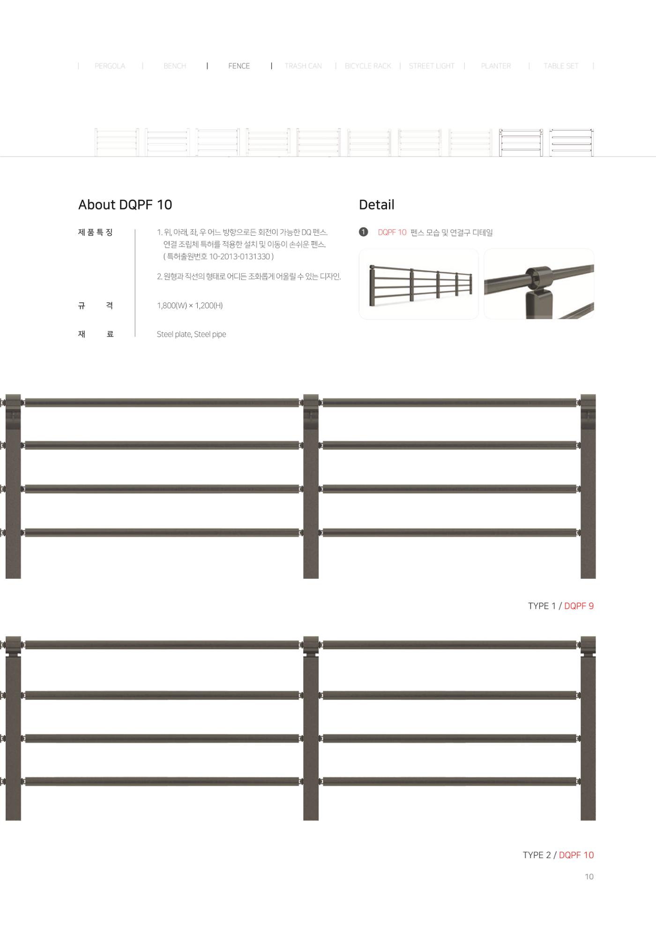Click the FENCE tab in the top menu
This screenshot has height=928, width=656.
pos(239,66)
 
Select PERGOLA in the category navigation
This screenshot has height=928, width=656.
pos(110,66)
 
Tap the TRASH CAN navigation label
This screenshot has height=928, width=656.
pos(303,66)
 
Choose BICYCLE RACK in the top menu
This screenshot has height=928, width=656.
pos(368,66)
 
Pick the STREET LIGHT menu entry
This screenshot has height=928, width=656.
pos(432,66)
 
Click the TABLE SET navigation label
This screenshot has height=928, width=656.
pos(561,66)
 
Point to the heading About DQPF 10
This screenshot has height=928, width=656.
pos(125,205)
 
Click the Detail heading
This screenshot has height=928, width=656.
pos(377,205)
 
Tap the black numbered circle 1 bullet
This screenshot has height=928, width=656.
pos(364,232)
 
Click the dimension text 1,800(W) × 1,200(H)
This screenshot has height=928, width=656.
pos(190,306)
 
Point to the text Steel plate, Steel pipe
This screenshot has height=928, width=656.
pos(191,334)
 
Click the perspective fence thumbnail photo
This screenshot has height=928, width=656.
pos(418,284)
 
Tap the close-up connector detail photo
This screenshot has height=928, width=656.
pos(539,284)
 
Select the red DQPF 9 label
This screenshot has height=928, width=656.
pos(579,606)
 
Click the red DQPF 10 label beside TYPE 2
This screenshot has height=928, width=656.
pos(576,855)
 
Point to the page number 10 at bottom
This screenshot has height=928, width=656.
pos(589,876)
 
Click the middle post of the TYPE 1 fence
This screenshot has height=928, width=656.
pos(311,486)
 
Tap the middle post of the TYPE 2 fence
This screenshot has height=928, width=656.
pos(311,728)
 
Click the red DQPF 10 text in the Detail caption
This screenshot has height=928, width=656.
pos(392,232)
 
